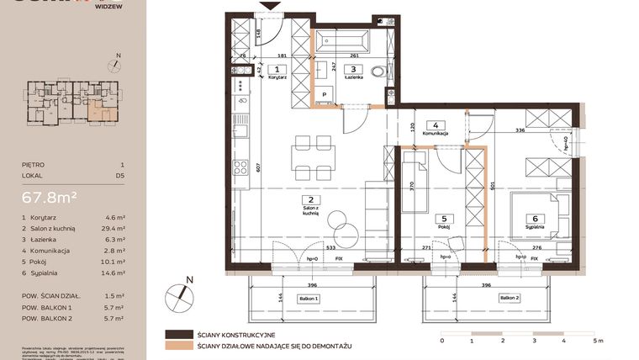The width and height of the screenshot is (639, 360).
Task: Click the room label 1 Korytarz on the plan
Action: [277, 72]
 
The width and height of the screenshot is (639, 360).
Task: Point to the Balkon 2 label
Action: [509, 298]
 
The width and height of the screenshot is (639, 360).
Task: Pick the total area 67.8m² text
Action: [50, 198]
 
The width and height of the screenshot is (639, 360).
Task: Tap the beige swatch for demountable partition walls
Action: [178, 345]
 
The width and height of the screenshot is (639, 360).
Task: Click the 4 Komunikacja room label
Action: [436, 128]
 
